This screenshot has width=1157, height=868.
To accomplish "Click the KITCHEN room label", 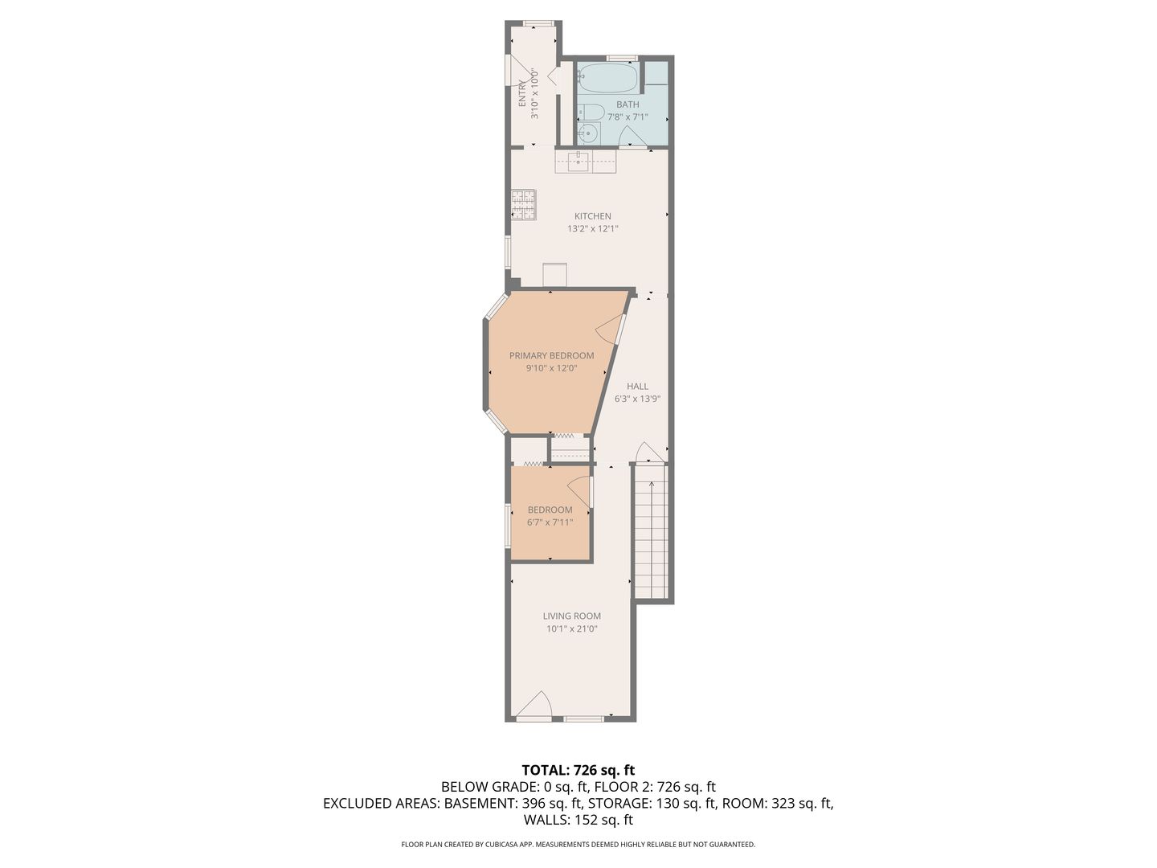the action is tap(592, 216).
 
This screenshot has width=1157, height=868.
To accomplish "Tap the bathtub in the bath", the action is tap(607, 79).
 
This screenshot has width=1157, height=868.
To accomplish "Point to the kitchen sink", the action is tap(578, 162).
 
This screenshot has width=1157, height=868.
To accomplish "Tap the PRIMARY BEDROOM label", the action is tap(551, 356).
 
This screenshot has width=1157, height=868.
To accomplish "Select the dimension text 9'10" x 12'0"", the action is tap(551, 368).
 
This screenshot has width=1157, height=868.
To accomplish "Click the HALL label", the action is tap(637, 387).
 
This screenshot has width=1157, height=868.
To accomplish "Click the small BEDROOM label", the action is tap(550, 510).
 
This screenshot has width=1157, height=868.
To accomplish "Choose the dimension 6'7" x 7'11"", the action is tap(550, 522).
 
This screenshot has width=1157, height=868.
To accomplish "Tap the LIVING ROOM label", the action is tap(572, 616).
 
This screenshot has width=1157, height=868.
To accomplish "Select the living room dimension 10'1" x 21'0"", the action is tap(572, 628).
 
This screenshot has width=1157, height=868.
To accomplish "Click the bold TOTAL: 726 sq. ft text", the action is tap(578, 770).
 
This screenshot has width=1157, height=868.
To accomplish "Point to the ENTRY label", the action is tap(522, 93).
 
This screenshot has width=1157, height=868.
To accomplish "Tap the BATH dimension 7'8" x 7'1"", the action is tap(628, 117).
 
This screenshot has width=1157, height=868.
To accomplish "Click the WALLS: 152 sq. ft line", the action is tap(578, 820).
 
